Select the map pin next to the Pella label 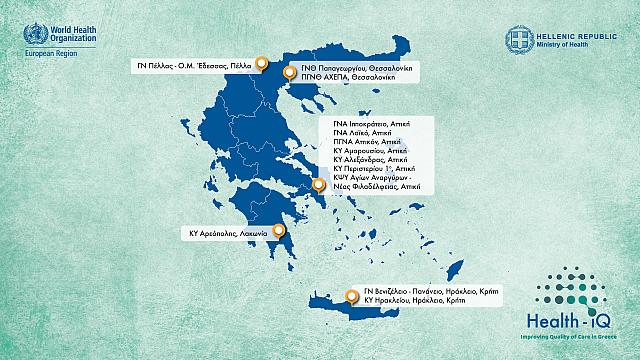click(x=261, y=65)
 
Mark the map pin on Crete click(x=352, y=296)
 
